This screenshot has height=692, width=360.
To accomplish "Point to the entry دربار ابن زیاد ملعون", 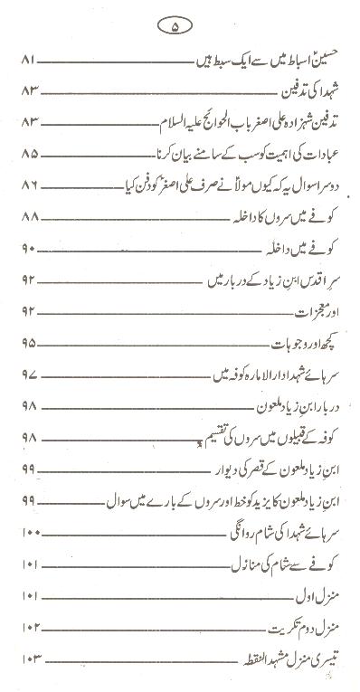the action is tap(291, 406).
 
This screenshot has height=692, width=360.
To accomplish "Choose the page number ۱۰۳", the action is tap(28, 659).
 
